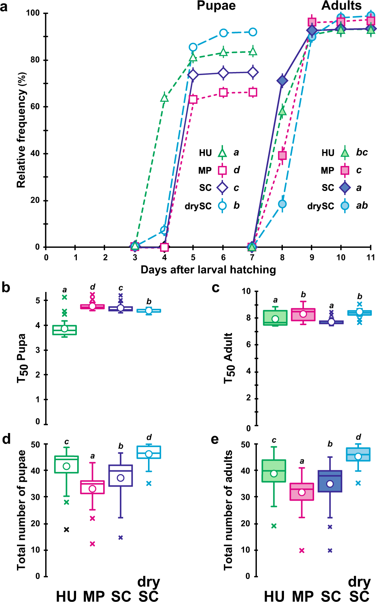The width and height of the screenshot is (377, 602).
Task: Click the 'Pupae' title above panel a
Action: coord(216,6)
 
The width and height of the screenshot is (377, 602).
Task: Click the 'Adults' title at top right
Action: coord(341,6)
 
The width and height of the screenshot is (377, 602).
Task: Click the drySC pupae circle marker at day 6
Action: coord(223,33)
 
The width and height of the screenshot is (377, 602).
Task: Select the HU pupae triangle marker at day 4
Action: coord(164,98)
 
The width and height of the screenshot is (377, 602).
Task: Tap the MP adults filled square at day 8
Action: coord(282,155)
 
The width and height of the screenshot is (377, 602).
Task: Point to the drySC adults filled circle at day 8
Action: coord(282,204)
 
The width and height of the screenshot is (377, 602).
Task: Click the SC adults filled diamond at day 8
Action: coord(282,80)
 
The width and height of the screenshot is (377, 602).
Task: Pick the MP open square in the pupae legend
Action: coord(222,170)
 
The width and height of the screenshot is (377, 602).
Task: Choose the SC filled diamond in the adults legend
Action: coord(345,187)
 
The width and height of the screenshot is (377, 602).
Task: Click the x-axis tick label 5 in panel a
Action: coord(193,258)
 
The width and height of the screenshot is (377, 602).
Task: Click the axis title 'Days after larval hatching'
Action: coord(208,270)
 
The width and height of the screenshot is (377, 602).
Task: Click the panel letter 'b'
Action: coord(6,287)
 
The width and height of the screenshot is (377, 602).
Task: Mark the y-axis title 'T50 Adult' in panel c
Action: coord(229,358)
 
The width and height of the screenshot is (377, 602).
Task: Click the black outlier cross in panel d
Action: coord(67,530)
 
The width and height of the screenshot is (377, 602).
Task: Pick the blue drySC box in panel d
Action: coord(149,452)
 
